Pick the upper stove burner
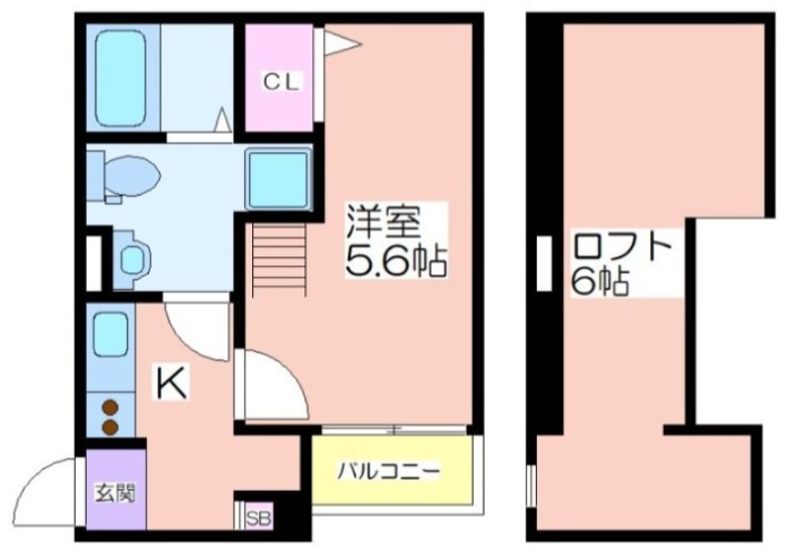(110, 406)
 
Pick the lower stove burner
(110, 426)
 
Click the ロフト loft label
(623, 245)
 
